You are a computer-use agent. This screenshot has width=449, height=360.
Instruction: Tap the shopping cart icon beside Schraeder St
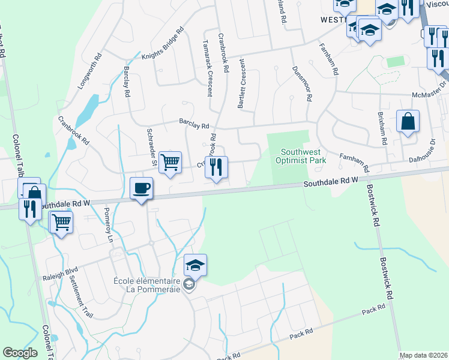[170, 161]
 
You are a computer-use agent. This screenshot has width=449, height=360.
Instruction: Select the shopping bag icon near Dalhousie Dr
[408, 122]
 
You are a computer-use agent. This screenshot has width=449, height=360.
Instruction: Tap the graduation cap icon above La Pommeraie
[195, 265]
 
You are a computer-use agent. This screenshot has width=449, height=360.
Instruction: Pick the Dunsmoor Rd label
[302, 83]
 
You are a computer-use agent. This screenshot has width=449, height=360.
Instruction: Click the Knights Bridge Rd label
[162, 44]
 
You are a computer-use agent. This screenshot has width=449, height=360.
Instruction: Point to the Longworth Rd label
[91, 71]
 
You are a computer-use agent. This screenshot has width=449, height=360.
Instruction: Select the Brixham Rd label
[382, 127]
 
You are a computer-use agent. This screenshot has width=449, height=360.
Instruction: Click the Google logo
[20, 353]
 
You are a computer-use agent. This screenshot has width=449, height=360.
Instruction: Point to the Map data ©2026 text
[423, 355]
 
